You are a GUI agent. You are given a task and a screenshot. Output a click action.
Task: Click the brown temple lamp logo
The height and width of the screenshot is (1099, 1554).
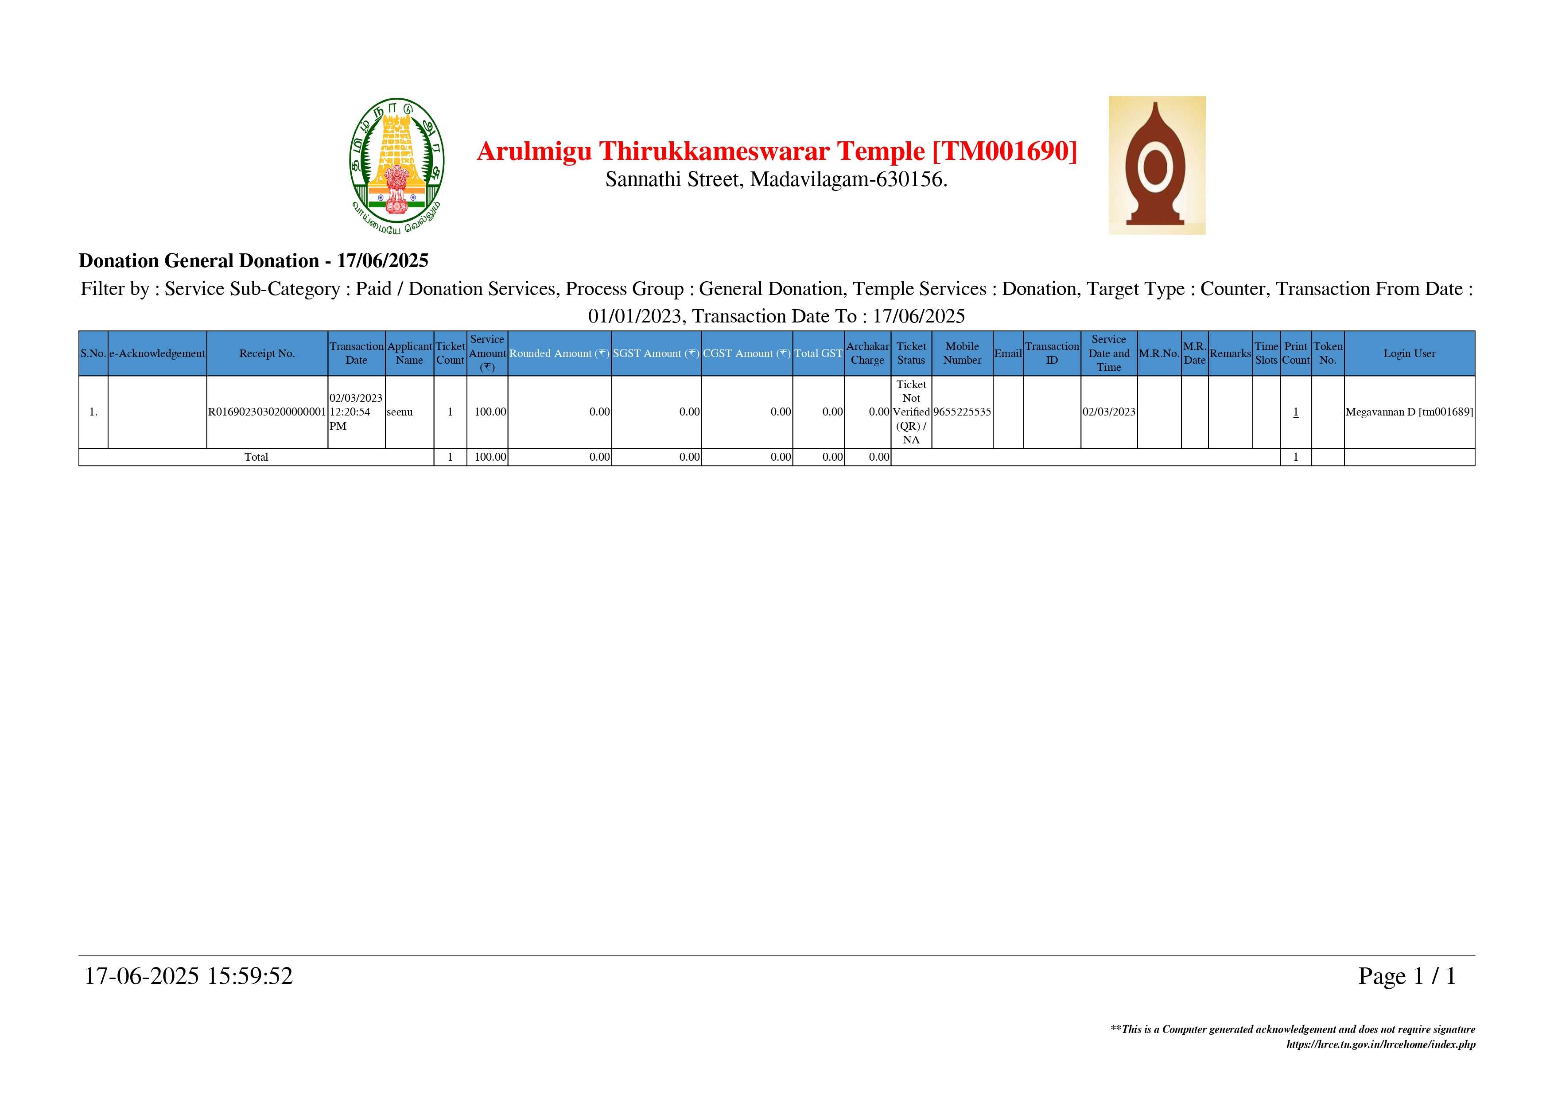[1156, 165]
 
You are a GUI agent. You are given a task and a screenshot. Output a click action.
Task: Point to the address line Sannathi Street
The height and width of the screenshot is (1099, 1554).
[776, 179]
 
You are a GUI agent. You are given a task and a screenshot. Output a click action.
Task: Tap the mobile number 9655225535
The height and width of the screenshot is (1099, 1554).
[962, 412]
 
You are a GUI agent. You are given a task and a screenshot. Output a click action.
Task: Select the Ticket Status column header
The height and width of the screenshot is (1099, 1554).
[911, 353]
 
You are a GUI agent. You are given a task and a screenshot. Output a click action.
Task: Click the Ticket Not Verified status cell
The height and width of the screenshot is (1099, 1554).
[911, 412]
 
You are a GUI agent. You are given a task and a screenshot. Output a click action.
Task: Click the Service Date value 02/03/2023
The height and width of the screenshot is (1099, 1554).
[1109, 412]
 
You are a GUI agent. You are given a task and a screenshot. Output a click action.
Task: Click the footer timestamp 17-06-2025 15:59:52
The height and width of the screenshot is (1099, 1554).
[188, 976]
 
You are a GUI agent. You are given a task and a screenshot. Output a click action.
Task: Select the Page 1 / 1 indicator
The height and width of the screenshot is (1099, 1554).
[1406, 976]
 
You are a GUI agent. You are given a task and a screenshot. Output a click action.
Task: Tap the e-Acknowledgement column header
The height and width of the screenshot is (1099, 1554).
[157, 353]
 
